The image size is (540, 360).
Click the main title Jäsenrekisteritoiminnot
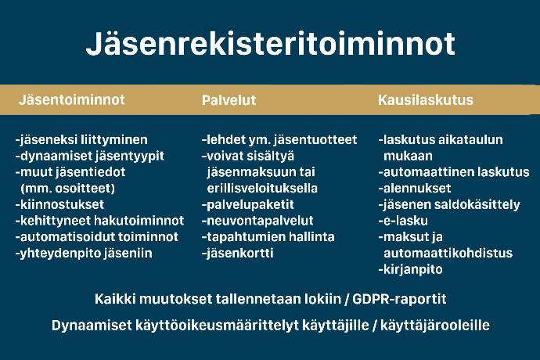270,43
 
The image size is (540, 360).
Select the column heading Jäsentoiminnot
72,99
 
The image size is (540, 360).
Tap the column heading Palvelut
229,100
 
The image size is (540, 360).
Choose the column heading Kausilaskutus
425,100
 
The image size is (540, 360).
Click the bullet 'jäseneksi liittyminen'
81,140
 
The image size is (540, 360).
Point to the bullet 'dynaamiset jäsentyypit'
89,156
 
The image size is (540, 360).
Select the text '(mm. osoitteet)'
68,189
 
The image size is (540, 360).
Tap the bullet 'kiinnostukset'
59,204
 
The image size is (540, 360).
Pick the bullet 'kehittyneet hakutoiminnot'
99,221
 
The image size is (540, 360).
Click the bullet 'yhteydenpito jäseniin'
84,254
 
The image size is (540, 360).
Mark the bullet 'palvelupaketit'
248,204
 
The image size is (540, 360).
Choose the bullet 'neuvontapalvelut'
257,221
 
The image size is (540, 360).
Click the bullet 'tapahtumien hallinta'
268,237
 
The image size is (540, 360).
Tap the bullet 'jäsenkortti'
238,254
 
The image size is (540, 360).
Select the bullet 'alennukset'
415,189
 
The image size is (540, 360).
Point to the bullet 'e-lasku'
403,221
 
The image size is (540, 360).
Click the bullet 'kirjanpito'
411,269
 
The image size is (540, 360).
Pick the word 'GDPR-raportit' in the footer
399,299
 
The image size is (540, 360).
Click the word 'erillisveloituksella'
262,189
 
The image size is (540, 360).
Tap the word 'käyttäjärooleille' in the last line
434,326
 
